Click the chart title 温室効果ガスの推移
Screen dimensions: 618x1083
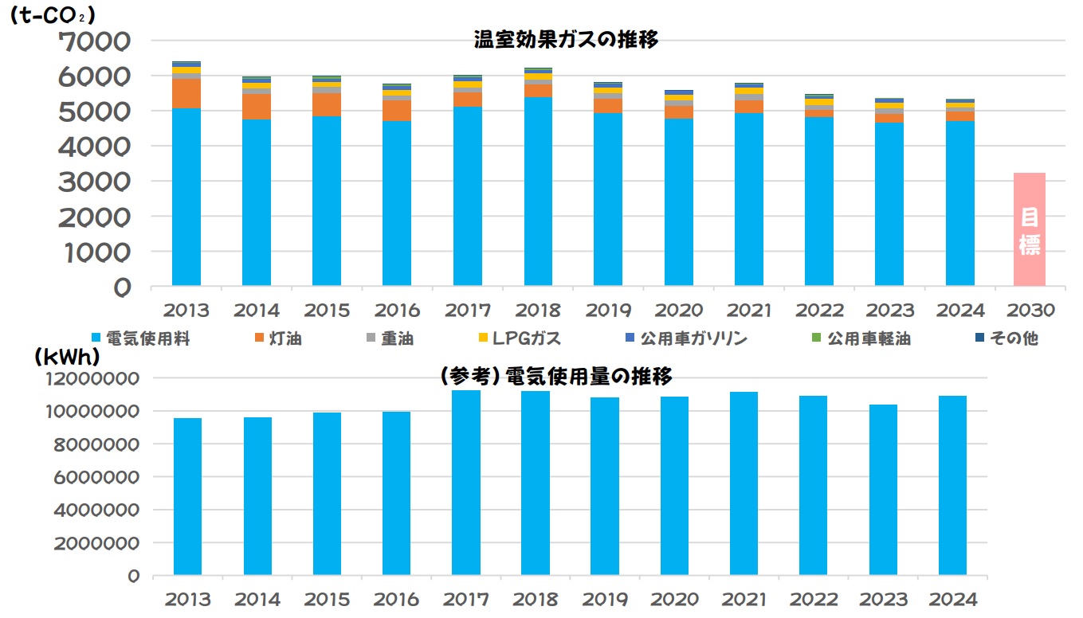566,40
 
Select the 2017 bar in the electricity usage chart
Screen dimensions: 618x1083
465,482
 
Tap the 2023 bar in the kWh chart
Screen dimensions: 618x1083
883,489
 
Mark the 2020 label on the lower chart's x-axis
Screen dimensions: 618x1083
676,599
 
